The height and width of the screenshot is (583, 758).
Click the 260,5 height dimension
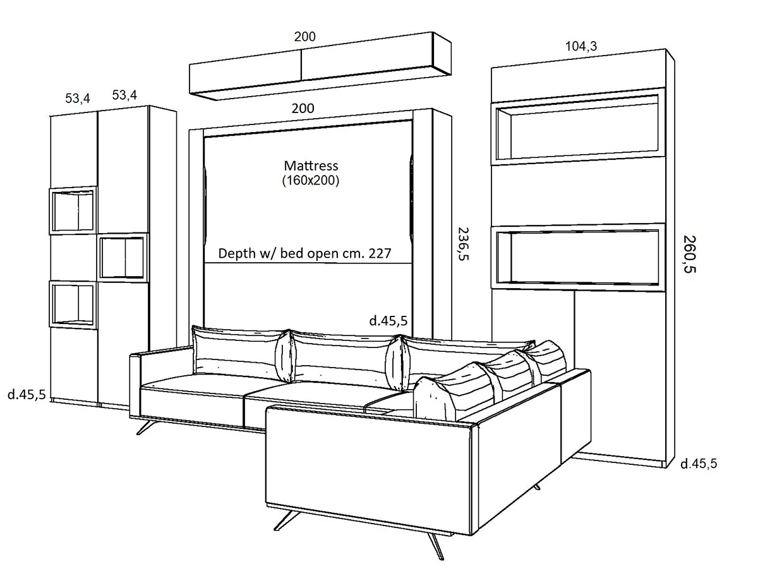(x=690, y=255)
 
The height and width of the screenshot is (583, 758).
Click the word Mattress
(x=311, y=166)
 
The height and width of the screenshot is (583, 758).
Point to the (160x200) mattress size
(x=311, y=181)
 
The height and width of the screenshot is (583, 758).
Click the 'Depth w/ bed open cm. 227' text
(x=304, y=254)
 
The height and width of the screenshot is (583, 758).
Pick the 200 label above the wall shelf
(x=304, y=37)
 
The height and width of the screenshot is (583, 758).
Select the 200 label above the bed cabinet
(x=303, y=108)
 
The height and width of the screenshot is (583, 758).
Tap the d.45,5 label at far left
(x=26, y=395)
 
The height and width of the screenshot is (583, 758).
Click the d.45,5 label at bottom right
(x=699, y=464)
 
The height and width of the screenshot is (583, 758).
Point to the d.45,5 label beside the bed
(x=388, y=321)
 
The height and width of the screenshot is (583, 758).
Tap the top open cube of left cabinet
(x=73, y=210)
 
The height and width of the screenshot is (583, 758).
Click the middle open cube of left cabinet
(x=123, y=258)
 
